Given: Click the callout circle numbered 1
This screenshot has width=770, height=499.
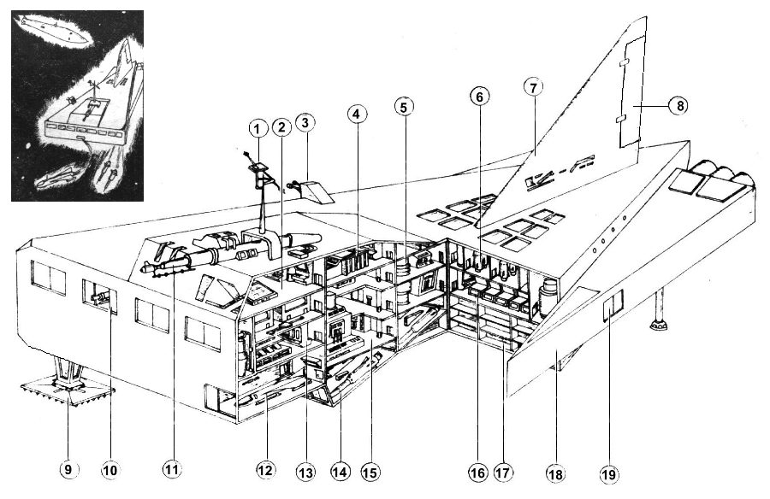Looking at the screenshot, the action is point(258,129).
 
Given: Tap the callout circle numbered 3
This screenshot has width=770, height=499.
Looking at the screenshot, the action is point(305,123).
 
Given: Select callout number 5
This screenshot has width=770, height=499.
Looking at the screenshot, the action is point(404,107).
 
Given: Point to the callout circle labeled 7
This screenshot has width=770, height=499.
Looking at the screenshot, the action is point(533,87).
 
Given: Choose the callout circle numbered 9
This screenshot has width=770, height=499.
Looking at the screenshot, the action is point(68,470).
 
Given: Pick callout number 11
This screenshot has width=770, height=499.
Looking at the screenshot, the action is point(171,470).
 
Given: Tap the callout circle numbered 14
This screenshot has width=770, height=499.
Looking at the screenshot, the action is point(340,472).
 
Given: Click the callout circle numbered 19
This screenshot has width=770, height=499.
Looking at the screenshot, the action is point(609,474).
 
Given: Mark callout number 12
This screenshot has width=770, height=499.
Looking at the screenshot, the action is point(265,471).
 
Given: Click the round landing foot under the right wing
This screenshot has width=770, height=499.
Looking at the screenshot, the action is point(659,325).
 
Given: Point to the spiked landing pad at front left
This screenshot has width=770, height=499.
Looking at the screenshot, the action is point(68,391).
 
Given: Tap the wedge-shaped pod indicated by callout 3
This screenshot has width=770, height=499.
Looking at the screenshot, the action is point(317,192).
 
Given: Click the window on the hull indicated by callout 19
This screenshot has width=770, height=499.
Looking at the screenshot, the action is point(613,304).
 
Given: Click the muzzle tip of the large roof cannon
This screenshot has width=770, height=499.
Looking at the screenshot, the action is point(144,269).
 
